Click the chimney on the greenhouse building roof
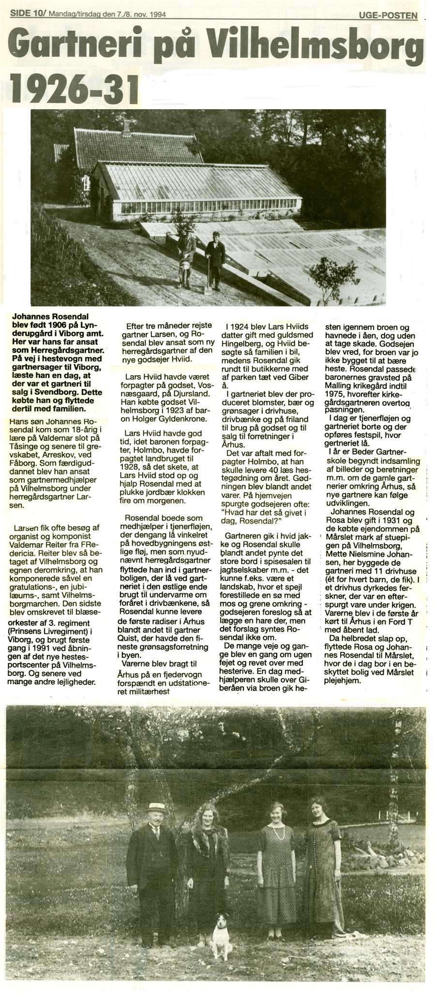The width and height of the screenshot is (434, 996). click(127, 127)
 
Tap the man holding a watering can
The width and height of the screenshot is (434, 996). click(185, 256)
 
